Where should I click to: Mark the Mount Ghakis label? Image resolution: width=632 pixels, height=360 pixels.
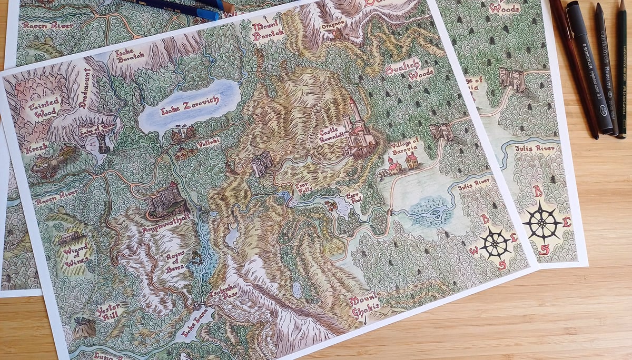tap(363, 305)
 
